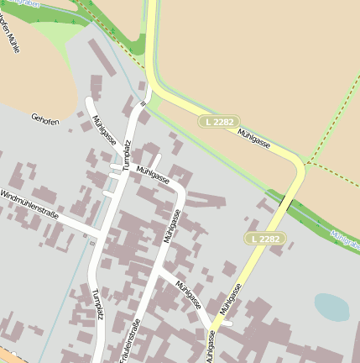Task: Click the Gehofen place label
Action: pos(45,121)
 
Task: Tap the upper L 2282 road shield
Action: pos(219,122)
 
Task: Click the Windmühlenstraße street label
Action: pos(29,206)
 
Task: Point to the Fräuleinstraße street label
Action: pos(129,340)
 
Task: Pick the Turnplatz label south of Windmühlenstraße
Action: pos(97,305)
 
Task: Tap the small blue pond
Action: pos(331,307)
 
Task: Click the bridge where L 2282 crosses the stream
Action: pos(288,203)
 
